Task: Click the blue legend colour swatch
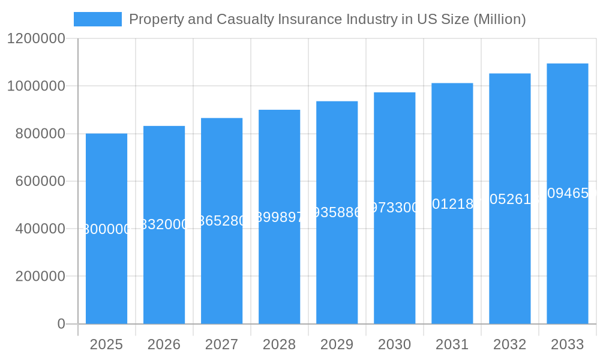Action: point(97,19)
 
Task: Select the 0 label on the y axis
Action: point(61,324)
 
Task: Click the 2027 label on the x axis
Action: point(221,344)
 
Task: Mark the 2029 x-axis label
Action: point(337,344)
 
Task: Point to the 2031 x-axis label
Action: point(452,344)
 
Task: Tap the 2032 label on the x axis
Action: point(509,344)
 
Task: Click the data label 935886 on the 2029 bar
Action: point(337,212)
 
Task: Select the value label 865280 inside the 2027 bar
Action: point(221,221)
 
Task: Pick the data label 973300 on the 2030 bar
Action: point(394,208)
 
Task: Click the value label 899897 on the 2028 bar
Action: point(279,217)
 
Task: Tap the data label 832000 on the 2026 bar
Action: point(164,224)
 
